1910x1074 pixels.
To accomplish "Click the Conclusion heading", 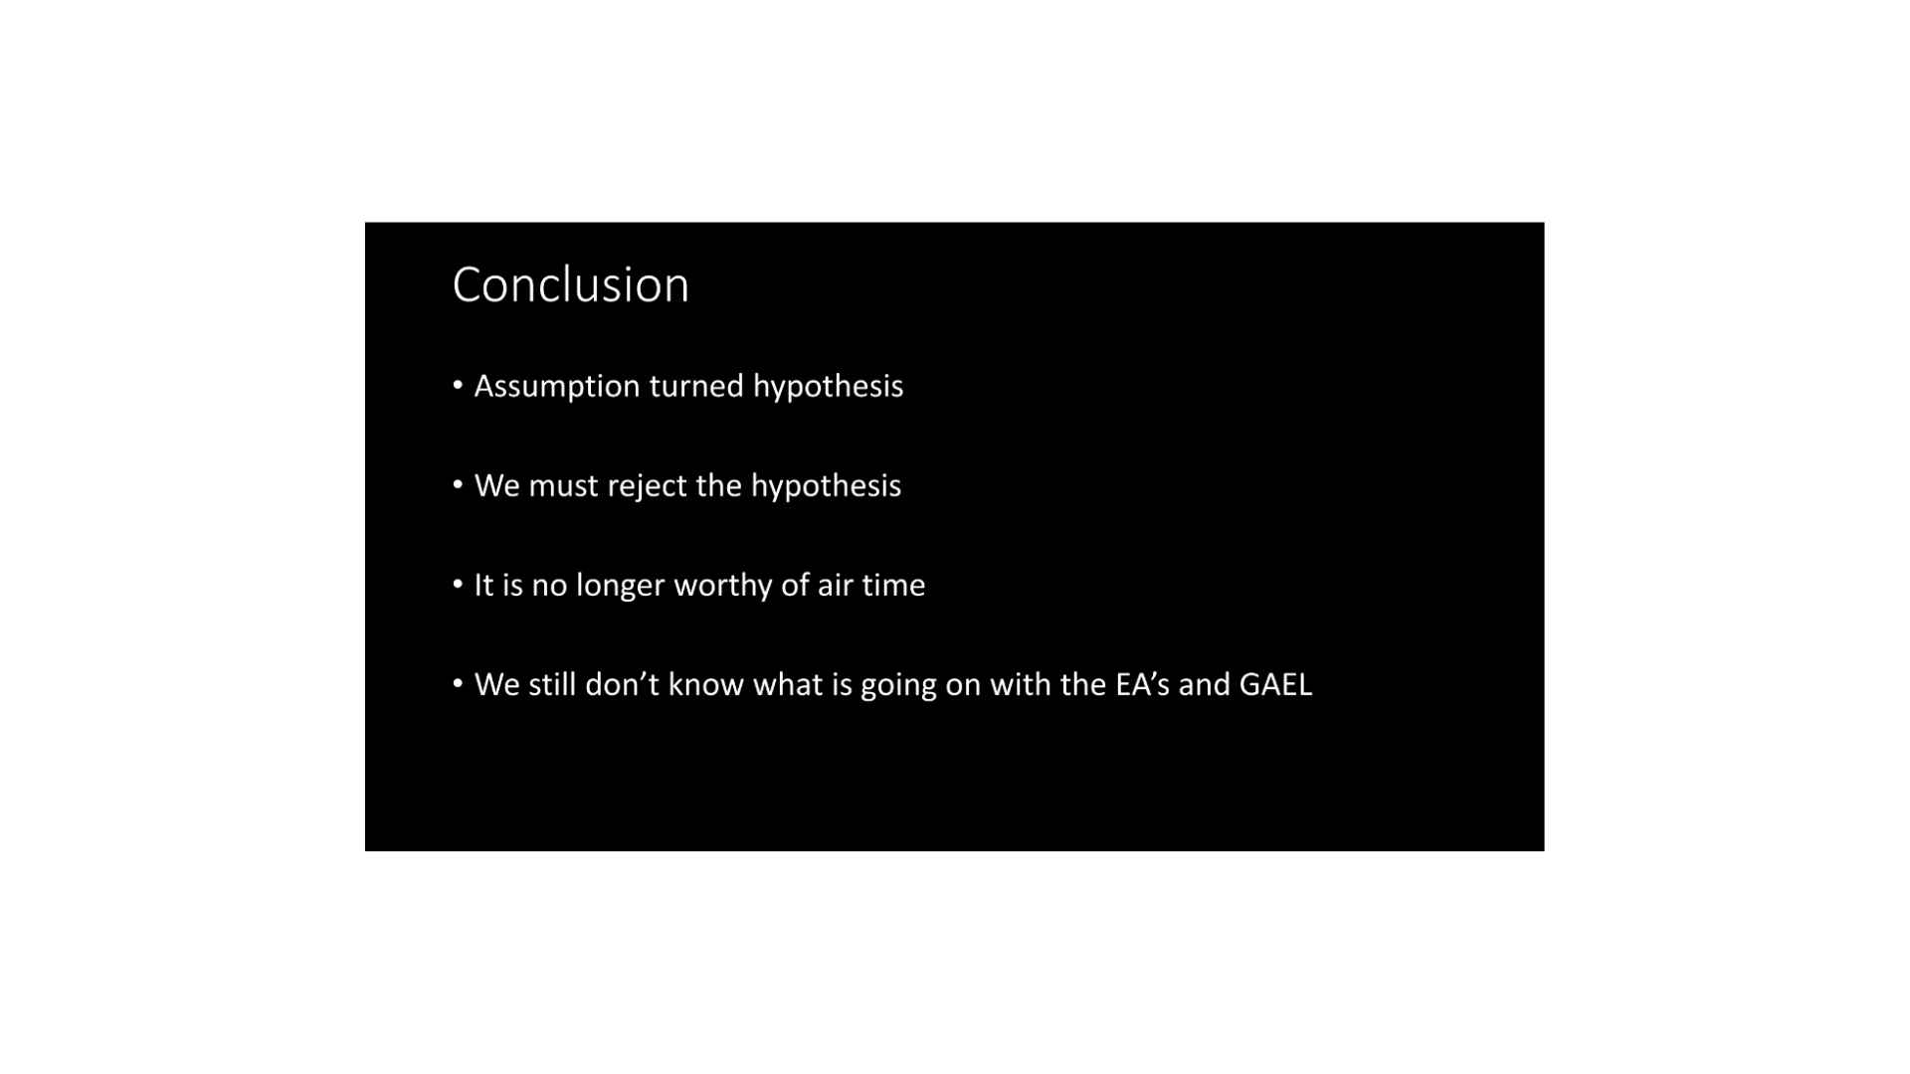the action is click(x=570, y=284).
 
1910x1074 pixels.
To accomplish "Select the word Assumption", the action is click(x=557, y=387).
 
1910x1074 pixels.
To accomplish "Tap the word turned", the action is click(x=696, y=386).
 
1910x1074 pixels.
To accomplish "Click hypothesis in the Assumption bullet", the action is click(x=828, y=387).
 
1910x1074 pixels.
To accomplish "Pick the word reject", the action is click(x=647, y=486).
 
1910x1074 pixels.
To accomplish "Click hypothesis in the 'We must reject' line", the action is click(x=826, y=486).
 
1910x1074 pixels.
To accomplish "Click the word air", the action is click(x=835, y=585).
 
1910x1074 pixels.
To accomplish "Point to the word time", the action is click(x=893, y=585).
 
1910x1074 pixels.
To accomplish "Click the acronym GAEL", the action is click(x=1275, y=684).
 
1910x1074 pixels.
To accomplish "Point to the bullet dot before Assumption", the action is click(x=458, y=385).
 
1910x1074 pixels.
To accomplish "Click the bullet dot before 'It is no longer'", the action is click(x=458, y=584).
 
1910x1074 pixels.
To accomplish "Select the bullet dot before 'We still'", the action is click(x=458, y=683).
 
